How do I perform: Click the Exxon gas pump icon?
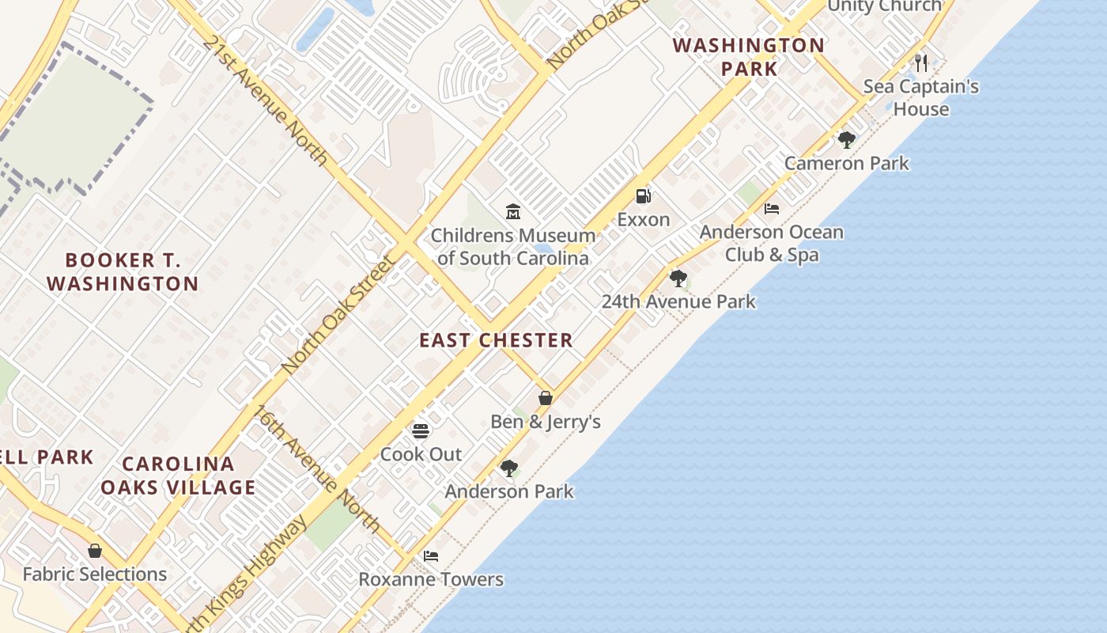tap(644, 196)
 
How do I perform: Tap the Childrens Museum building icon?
tap(513, 211)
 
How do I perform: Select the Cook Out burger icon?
tap(421, 431)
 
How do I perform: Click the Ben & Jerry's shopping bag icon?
tap(546, 397)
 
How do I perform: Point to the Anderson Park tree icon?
tap(509, 468)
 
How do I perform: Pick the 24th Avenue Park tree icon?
tap(678, 278)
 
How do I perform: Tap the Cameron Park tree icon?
tap(846, 140)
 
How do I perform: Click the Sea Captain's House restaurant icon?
tap(921, 63)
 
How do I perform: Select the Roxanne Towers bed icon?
tap(431, 555)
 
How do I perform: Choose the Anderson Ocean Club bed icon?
tap(772, 209)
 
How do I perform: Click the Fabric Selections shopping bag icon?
tap(95, 551)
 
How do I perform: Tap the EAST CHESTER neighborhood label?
tap(496, 340)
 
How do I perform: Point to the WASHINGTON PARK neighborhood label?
tap(749, 56)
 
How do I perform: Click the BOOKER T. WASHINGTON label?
tap(123, 271)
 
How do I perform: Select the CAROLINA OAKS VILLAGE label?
tap(178, 475)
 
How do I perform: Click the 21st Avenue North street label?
tap(265, 99)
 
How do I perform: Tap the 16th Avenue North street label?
tap(316, 468)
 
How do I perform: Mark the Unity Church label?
tap(884, 6)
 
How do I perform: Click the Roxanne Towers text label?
tap(431, 579)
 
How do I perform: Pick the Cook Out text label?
tap(421, 454)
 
